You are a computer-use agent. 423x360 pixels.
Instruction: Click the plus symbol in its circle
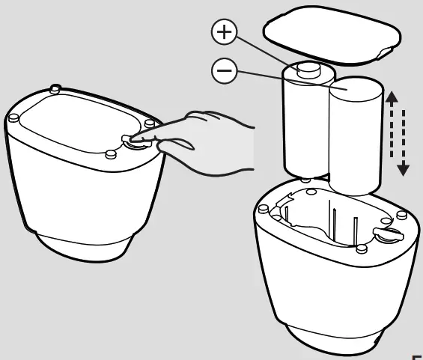(225, 32)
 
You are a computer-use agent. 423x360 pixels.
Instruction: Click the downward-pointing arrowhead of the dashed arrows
(403, 168)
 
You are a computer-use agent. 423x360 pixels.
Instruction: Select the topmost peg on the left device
(55, 89)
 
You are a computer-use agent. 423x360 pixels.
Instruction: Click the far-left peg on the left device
(13, 118)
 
